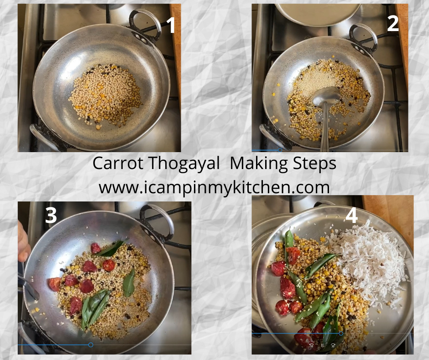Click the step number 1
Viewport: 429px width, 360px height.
(x=171, y=25)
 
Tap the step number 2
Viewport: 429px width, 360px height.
(x=393, y=23)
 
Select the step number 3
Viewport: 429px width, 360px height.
(x=51, y=215)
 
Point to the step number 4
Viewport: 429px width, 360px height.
(x=351, y=216)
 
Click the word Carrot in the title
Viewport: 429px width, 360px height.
(x=118, y=164)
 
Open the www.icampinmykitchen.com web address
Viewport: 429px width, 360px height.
(x=214, y=188)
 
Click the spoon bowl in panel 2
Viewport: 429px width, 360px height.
(x=327, y=96)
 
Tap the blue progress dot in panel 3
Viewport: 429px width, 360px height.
(x=91, y=345)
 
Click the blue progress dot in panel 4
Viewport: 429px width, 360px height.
(x=341, y=334)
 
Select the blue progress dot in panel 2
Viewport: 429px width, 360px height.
(x=280, y=150)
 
